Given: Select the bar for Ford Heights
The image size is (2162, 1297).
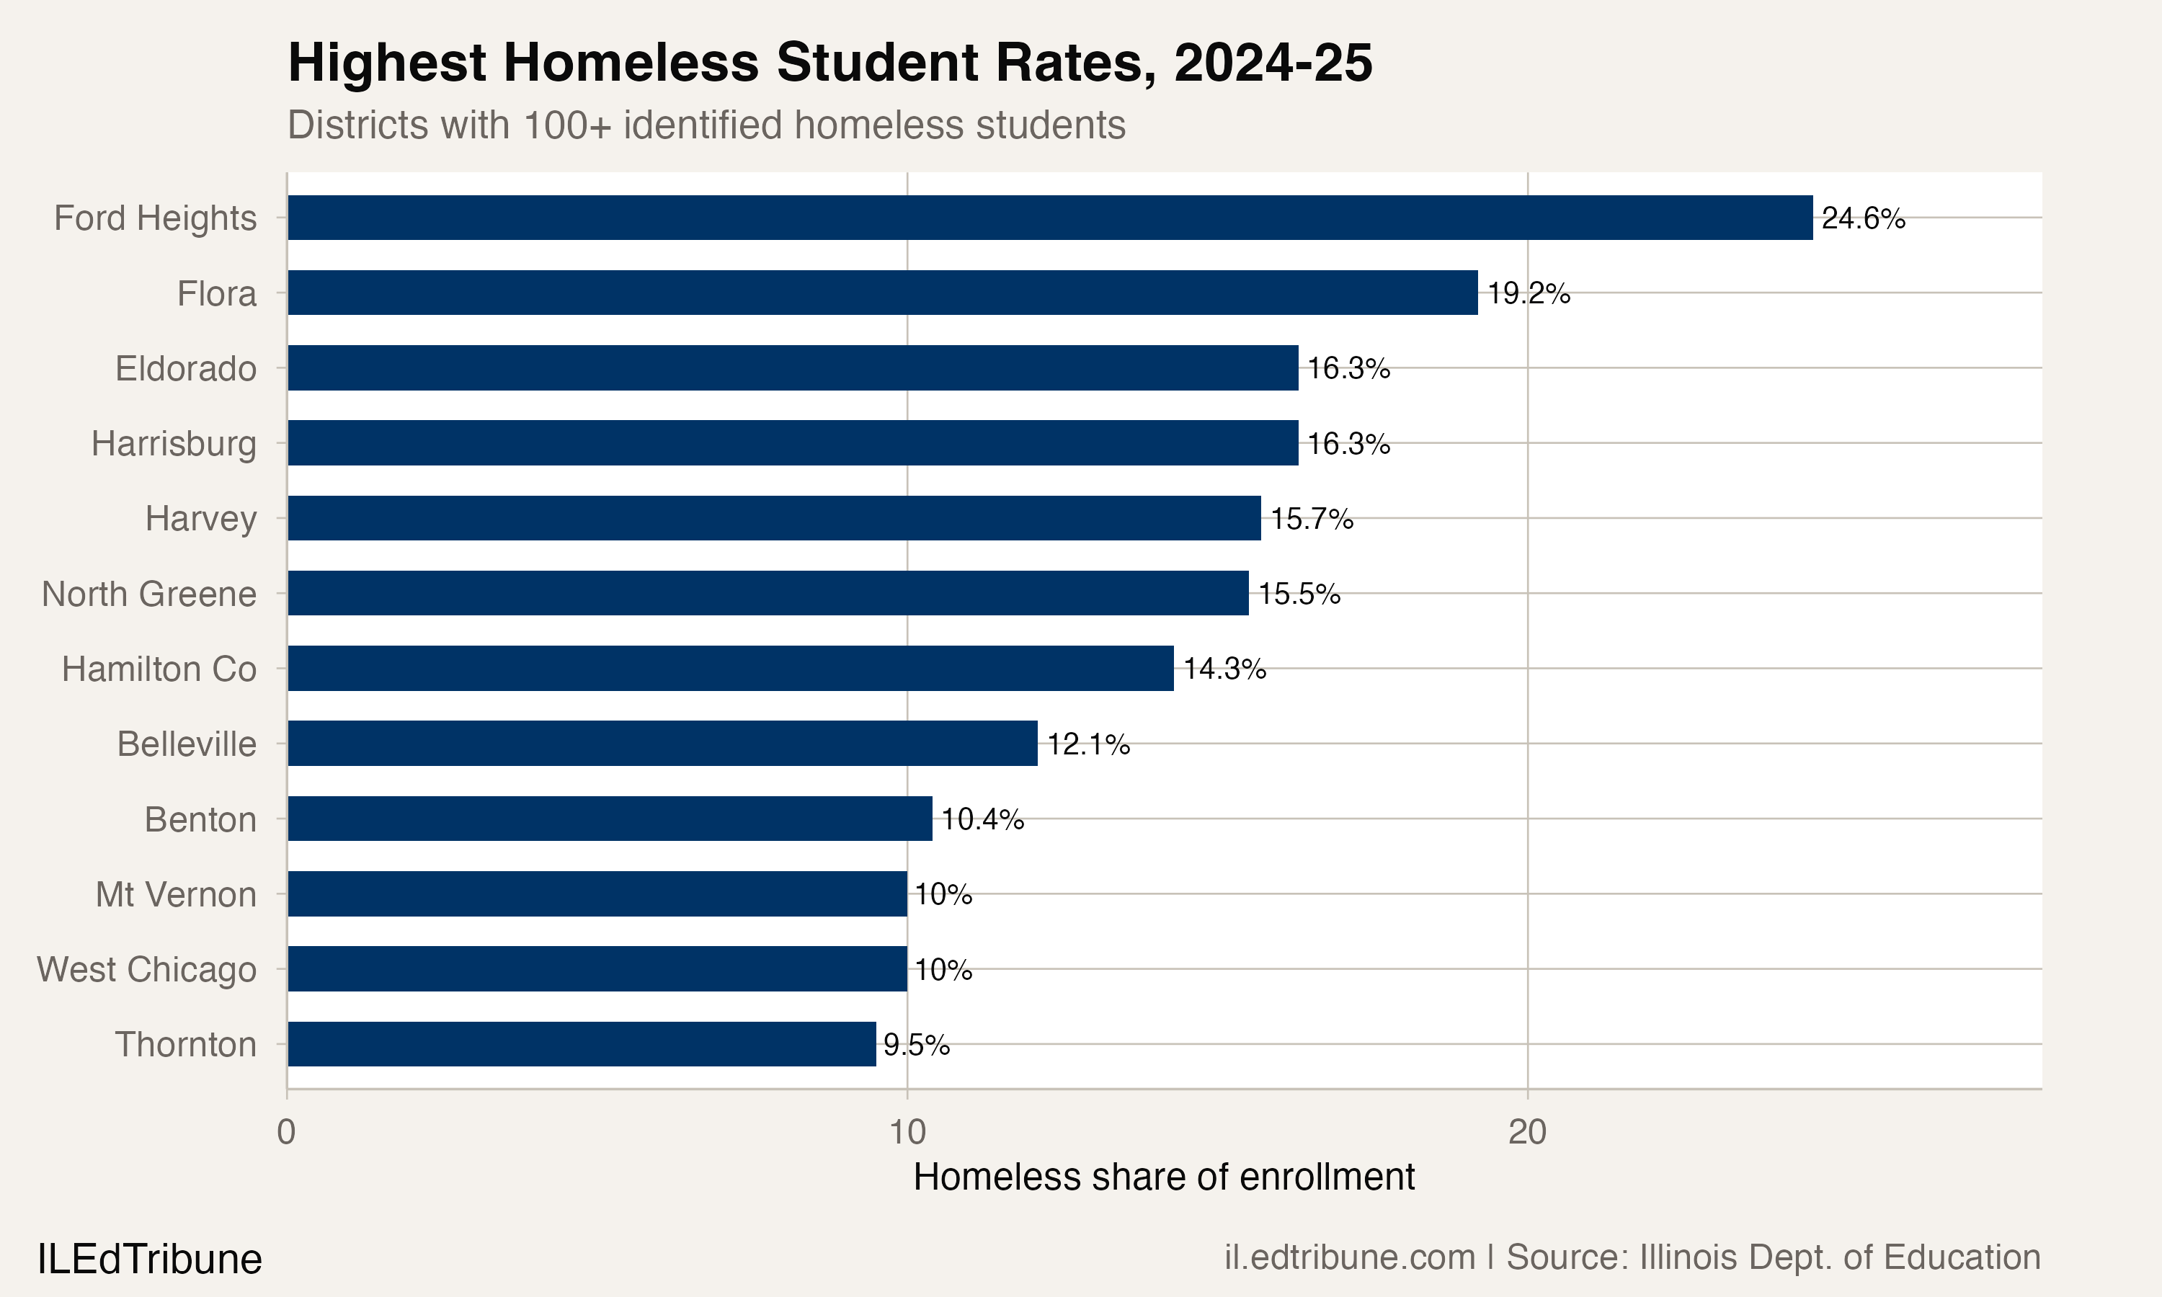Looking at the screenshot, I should point(1049,218).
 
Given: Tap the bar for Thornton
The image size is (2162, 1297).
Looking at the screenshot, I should point(581,1043).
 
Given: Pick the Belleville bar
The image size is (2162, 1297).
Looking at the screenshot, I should point(662,743).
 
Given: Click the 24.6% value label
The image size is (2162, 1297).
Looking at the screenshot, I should point(1863,218).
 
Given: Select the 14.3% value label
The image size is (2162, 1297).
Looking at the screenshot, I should point(1224,669).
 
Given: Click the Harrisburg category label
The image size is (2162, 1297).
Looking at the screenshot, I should point(174,444).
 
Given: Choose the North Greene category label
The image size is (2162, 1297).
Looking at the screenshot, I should point(149,594).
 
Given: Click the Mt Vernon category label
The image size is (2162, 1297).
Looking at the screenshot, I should point(176,895).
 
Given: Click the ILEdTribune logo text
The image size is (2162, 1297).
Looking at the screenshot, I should point(149,1260).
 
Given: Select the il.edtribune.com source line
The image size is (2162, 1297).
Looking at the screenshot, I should point(1632,1257).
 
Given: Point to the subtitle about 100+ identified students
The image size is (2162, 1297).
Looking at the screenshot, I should point(706,125).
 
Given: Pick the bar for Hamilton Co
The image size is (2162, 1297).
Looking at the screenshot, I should point(730,669).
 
